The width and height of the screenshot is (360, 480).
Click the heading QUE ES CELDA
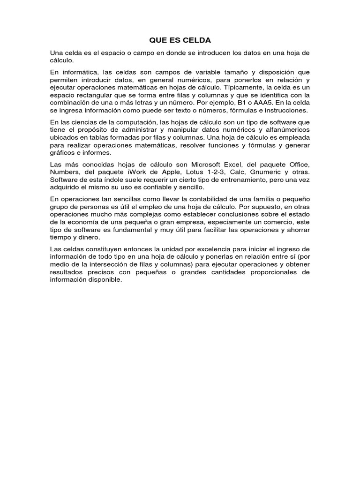tap(180, 40)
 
